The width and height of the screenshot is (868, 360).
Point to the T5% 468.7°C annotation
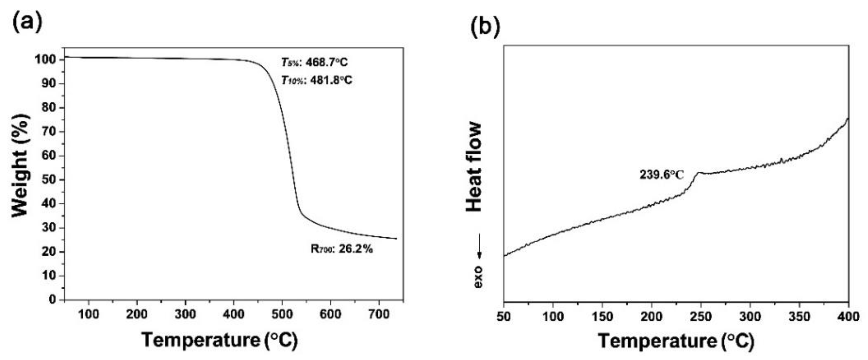tap(314, 62)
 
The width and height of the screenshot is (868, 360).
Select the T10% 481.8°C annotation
tap(317, 80)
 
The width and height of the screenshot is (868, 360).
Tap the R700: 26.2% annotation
tap(341, 249)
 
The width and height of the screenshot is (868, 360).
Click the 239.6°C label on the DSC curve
tap(662, 175)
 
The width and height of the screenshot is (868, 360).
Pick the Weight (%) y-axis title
tap(20, 166)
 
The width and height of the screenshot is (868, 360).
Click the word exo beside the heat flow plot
tap(478, 277)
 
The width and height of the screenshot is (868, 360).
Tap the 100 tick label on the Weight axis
tap(45, 60)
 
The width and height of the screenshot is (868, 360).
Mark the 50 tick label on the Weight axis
tap(50, 180)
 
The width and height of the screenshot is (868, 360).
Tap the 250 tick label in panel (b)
tap(701, 316)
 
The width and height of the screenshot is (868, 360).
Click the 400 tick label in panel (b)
tap(848, 316)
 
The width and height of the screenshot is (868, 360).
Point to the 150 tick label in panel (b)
tap(602, 316)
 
